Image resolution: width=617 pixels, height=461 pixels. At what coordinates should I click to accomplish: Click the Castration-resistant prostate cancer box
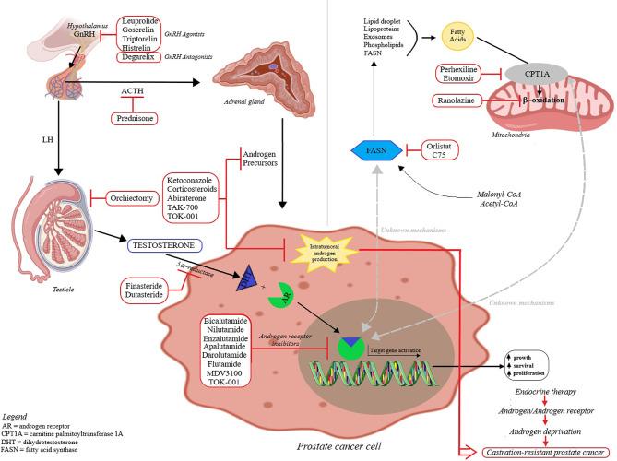pos(522,451)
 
